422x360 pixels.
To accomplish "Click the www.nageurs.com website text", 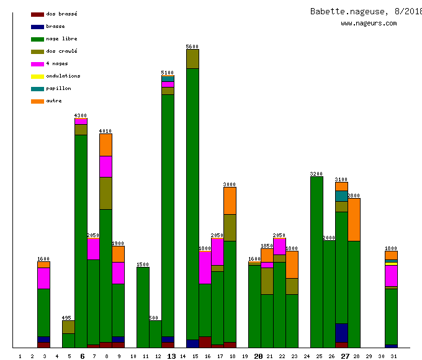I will pos(369,24).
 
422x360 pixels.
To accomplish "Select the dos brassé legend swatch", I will pos(37,14).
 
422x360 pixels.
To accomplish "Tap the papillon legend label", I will pos(58,88).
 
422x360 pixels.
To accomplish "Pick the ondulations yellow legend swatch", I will pos(37,76).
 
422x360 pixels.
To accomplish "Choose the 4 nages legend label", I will pos(57,63).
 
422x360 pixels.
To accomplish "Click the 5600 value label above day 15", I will pos(192,47).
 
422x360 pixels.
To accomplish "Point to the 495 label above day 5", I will pos(68,318).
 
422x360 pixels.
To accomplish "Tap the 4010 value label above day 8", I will pos(105,131).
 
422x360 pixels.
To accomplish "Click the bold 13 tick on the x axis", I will pos(171,356).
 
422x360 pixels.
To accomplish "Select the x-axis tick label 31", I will pos(393,356).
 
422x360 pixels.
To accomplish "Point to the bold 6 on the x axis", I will pos(83,356).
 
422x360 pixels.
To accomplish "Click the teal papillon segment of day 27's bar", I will pos(341,196).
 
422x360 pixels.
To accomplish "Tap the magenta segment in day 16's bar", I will pos(205,267).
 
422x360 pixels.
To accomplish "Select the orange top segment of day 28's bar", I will pos(354,219).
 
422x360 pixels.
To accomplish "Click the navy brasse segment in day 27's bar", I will pos(341,332).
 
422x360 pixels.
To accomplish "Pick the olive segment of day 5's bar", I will pos(68,326).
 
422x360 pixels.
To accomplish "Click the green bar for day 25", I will pos(316,261).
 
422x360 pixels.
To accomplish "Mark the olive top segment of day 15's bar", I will pos(192,58).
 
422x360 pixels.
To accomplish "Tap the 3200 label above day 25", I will pos(316,174).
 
